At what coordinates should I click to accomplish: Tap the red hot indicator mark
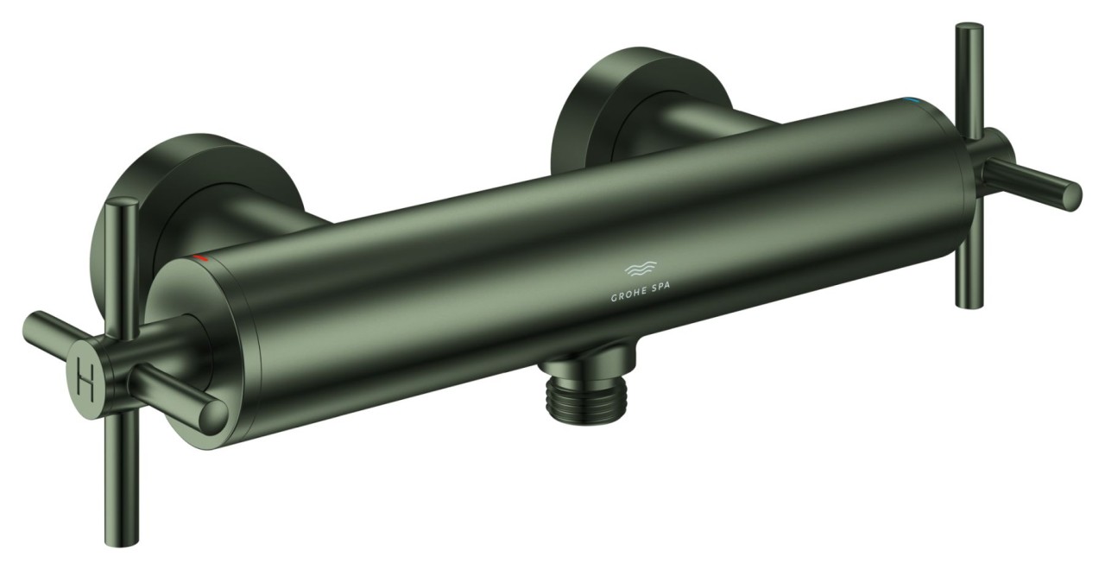(x=200, y=258)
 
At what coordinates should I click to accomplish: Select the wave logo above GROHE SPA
(x=641, y=269)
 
